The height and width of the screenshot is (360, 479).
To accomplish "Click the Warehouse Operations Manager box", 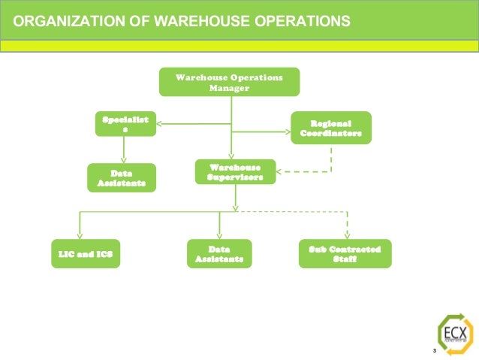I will (229, 82).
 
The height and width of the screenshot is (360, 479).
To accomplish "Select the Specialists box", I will (125, 123).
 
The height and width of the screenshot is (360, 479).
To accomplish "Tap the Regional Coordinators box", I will (330, 127).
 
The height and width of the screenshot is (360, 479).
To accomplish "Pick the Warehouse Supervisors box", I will (235, 172).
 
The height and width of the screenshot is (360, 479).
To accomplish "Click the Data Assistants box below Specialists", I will (121, 178).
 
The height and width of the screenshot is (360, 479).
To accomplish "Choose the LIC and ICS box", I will (85, 253).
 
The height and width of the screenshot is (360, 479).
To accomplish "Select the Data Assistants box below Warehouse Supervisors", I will (218, 253).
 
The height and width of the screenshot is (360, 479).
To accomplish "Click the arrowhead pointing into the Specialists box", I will (160, 123).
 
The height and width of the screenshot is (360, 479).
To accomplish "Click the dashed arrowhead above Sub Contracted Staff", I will (346, 234).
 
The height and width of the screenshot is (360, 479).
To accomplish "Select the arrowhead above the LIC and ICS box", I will (80, 234).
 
